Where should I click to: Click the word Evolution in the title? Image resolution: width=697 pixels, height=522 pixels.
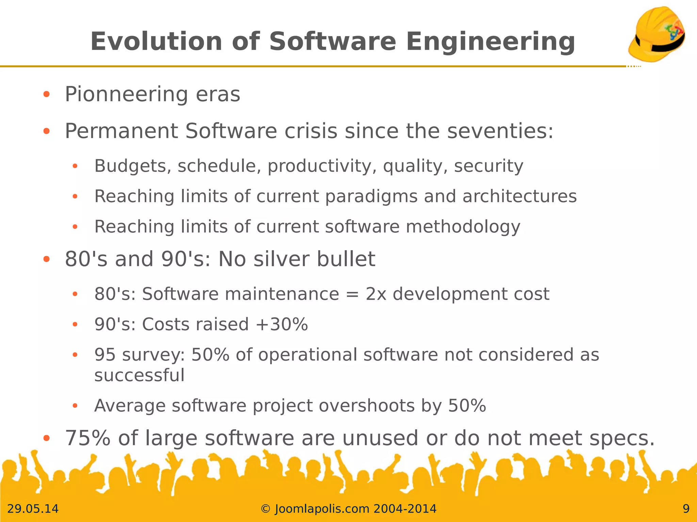156,41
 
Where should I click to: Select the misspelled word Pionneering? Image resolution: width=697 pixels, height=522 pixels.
126,94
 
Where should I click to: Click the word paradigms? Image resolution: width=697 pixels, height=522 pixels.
371,197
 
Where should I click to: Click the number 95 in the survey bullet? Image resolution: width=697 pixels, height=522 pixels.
105,355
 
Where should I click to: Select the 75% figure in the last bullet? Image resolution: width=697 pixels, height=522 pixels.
87,438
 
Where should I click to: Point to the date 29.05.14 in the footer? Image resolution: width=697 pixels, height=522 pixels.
33,509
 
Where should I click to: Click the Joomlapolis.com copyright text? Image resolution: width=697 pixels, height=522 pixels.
348,509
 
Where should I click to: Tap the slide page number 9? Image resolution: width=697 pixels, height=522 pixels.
686,509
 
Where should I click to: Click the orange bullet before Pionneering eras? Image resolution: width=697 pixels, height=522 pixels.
47,94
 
